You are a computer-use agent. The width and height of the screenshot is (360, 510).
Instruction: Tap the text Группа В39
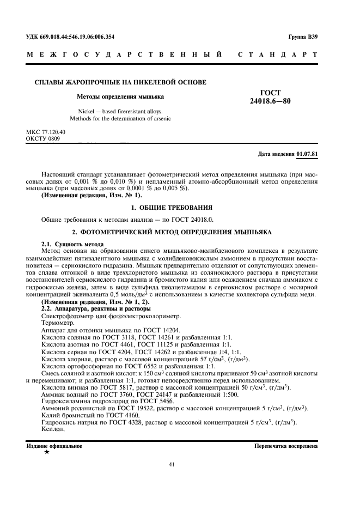tap(303, 37)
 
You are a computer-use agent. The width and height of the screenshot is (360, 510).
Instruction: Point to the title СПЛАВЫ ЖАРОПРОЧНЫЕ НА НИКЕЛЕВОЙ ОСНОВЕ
tap(120, 82)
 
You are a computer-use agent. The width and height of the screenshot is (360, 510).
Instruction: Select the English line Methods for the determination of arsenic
tap(120, 118)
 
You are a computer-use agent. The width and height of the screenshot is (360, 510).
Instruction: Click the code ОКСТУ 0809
tap(43, 139)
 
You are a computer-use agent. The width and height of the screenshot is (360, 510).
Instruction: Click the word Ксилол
tap(52, 429)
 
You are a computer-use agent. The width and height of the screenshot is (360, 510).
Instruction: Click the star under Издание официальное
tap(47, 452)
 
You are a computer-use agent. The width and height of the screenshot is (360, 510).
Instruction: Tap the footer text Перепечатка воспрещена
tap(286, 446)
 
